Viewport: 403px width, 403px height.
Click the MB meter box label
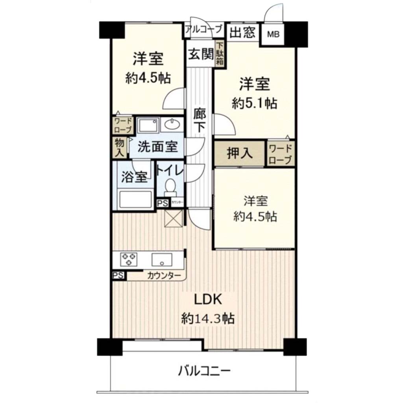[273, 34]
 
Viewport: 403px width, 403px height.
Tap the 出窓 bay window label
[242, 33]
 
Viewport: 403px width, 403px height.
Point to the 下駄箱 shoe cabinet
[220, 54]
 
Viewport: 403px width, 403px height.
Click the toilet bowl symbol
[170, 188]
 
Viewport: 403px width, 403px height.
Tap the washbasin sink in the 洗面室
[172, 125]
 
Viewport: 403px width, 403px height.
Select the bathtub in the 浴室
[135, 200]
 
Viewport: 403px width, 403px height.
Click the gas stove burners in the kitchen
[129, 259]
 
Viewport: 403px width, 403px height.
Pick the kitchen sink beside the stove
[162, 260]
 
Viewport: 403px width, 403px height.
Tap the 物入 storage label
[119, 148]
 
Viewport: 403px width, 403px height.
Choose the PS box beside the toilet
[163, 203]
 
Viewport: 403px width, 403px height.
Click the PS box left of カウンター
[118, 275]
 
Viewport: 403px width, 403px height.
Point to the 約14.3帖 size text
[208, 319]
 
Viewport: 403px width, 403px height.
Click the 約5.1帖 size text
[255, 104]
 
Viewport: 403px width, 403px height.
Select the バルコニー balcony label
[204, 371]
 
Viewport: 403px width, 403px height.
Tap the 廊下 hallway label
[200, 120]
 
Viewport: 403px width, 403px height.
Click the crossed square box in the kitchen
[174, 218]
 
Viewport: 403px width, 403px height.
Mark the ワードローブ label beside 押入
[280, 154]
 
